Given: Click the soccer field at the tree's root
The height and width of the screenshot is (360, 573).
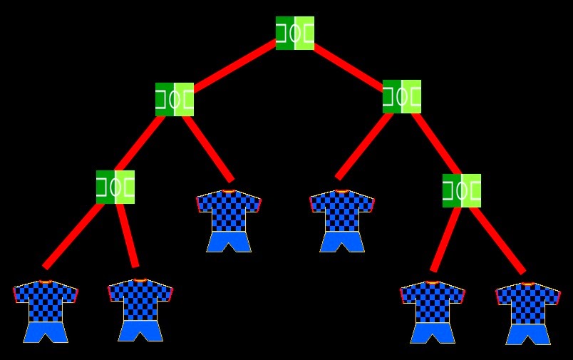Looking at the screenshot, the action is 294,33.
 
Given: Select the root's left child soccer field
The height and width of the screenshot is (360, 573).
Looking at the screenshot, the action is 174,99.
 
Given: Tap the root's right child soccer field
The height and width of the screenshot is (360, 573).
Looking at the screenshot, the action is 401,96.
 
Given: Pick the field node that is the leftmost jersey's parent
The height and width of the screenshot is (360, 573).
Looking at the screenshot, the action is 115,187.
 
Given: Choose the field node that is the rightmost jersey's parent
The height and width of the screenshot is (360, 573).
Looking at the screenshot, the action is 461,190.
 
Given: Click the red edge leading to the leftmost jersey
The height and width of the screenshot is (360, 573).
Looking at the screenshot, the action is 73,234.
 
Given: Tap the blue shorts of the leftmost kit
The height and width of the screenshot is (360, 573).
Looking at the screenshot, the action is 45,332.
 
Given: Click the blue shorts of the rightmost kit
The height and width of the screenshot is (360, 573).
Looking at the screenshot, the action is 527,334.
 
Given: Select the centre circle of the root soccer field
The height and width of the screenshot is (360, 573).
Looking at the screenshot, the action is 294,33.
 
